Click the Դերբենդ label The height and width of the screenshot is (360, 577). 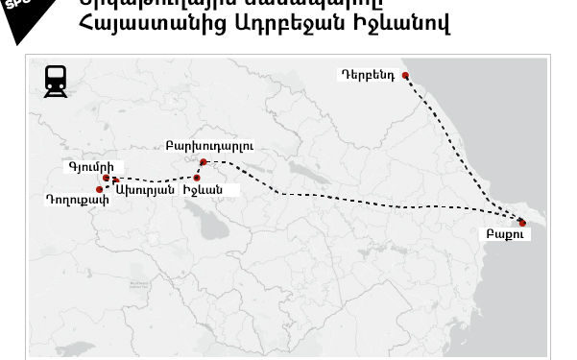367,74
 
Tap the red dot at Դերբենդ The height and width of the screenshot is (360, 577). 405,76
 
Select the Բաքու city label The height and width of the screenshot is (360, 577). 499,233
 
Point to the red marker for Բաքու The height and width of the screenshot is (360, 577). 522,223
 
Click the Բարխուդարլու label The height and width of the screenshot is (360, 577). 208,147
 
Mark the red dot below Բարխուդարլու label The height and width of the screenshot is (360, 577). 204,162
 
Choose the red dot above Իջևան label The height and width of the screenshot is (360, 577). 197,178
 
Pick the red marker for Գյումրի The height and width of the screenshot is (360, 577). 106,178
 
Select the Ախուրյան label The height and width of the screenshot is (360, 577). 144,190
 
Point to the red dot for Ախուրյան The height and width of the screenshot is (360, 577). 116,180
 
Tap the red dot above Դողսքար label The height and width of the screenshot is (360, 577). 100,189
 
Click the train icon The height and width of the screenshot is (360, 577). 57,81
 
